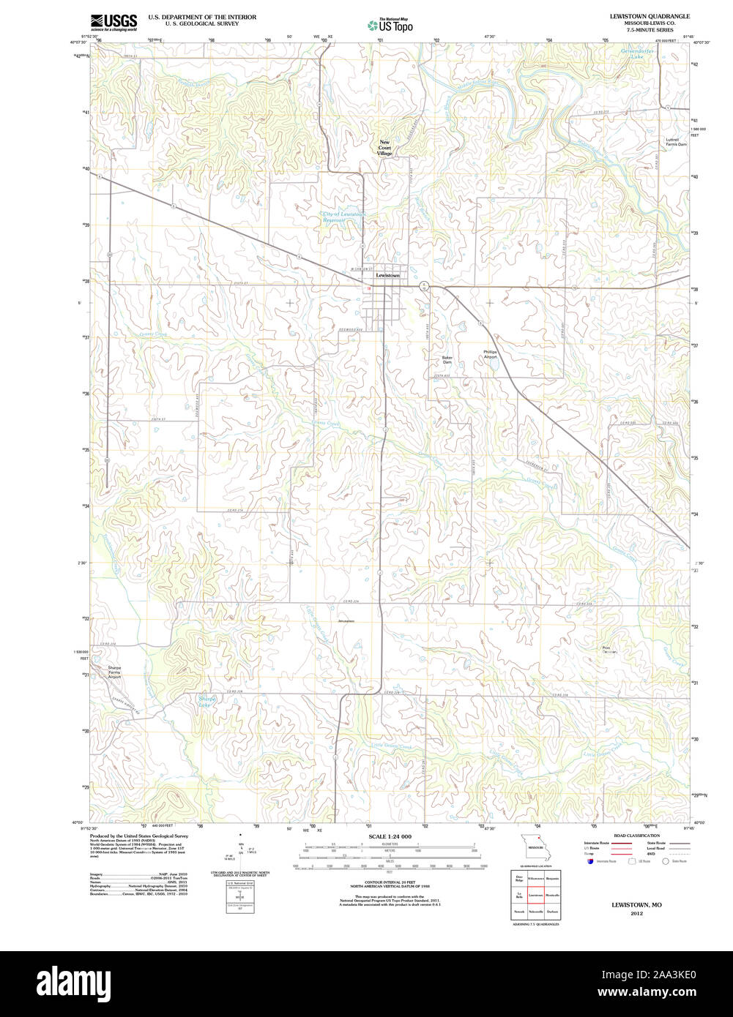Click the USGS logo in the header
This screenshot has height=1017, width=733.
113,21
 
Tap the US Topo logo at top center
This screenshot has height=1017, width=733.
390,25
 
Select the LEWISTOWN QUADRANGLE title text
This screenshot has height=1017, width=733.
649,15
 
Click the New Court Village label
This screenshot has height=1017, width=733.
384,148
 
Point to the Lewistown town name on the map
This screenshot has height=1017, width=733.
387,275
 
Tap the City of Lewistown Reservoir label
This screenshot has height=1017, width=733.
344,217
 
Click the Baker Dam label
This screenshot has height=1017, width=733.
447,360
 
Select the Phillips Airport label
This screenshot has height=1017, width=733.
490,354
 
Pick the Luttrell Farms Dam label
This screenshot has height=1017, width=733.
676,142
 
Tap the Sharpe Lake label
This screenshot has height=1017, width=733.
206,701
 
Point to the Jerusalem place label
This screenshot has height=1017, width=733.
346,621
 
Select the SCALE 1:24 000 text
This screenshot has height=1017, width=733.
390,836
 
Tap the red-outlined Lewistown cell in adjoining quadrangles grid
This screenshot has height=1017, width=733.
535,894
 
